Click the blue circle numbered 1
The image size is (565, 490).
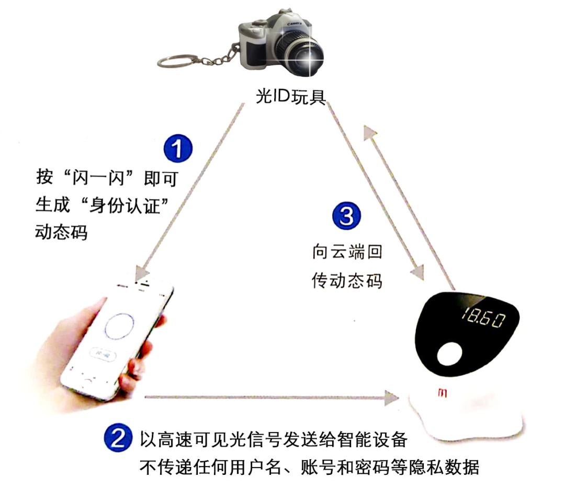click(178, 148)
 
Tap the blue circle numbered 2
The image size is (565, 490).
click(118, 438)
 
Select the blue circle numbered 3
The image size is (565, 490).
click(346, 216)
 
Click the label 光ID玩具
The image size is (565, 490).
click(290, 97)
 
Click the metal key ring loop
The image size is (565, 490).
click(179, 61)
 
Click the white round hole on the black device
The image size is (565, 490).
click(449, 354)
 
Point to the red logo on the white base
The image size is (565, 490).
click(443, 393)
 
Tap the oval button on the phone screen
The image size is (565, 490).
click(104, 355)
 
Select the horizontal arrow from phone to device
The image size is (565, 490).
click(272, 397)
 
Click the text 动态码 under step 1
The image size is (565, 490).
click(61, 232)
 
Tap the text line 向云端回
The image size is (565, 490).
click(347, 252)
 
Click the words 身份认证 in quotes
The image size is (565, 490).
click(125, 205)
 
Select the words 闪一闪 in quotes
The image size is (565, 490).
click(98, 178)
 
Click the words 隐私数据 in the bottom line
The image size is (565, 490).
click(444, 468)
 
